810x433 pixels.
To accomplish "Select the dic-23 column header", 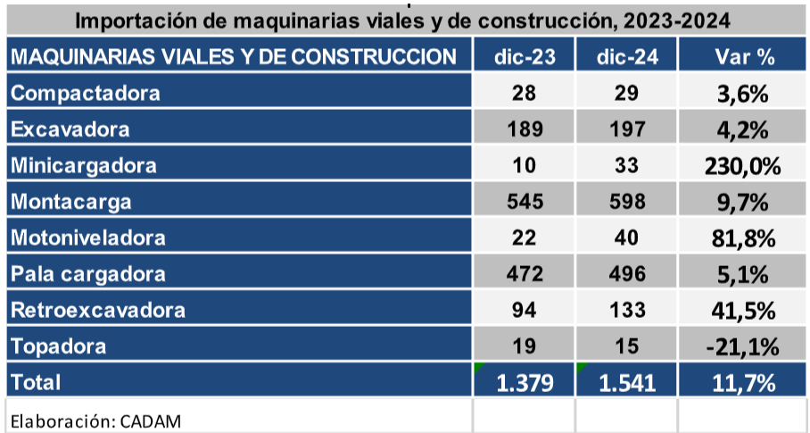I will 525,57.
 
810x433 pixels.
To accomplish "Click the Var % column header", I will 744,57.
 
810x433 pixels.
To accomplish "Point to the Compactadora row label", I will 87,93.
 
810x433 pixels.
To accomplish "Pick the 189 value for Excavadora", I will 525,129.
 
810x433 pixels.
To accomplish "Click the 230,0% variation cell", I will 744,166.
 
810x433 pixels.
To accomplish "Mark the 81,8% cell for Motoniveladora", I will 744,238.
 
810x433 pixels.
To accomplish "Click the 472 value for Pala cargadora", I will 525,274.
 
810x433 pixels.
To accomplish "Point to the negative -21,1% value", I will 744,346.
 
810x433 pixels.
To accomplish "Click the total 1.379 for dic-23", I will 525,383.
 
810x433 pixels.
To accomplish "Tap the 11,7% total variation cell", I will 744,383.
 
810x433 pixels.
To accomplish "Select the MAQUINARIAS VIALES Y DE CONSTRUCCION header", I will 233,57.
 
